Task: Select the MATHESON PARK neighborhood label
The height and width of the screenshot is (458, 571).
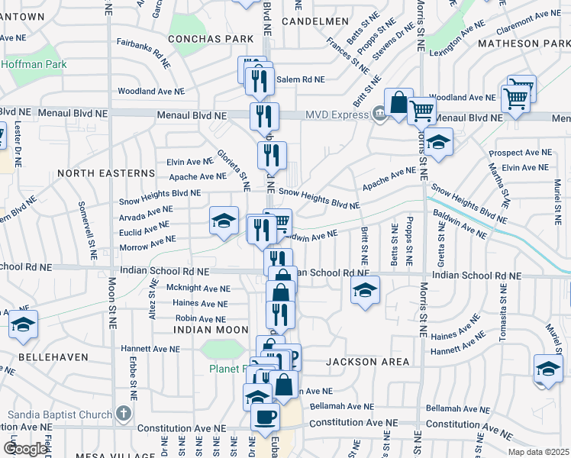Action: tap(519, 44)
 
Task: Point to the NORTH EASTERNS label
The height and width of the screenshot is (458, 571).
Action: tap(106, 173)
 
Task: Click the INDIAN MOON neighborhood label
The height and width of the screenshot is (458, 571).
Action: tap(211, 329)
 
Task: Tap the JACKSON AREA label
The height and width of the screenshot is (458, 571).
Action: tap(369, 361)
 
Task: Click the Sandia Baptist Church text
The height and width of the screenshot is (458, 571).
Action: tap(60, 414)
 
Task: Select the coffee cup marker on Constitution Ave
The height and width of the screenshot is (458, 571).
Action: tap(265, 418)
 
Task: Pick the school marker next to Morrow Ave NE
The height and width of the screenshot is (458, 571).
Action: tap(221, 221)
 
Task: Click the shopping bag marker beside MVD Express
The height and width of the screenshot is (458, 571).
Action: tap(398, 102)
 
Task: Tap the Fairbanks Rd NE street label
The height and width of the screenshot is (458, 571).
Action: tap(142, 51)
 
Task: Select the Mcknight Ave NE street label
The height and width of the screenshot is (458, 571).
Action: tap(198, 289)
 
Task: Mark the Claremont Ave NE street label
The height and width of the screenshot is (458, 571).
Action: tap(523, 29)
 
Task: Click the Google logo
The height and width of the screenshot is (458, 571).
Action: tap(25, 448)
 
